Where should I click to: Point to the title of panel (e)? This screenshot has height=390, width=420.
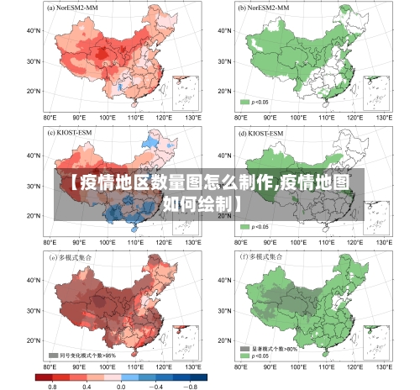click(71, 256)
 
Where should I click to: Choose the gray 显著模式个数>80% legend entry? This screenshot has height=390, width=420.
click(268, 348)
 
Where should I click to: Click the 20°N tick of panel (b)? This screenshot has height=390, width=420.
click(222, 91)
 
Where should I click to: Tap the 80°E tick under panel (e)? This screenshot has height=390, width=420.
click(50, 367)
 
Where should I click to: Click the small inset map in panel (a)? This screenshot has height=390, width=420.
click(186, 92)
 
